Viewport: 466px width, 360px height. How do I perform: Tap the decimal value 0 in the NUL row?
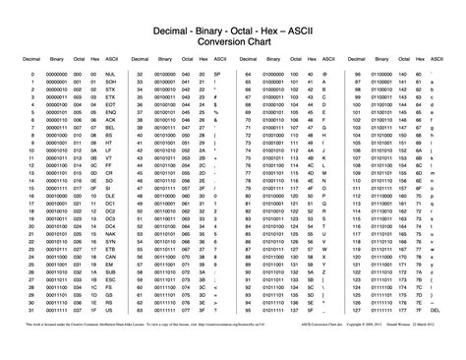[32, 74]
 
